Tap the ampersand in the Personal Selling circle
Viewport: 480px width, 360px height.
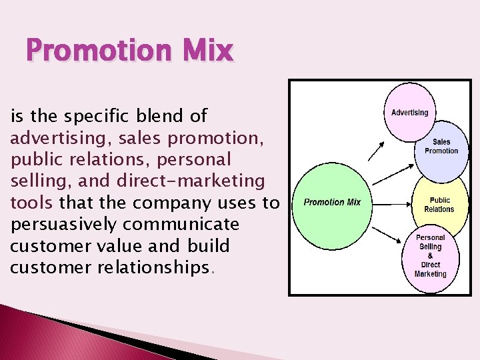[x=431, y=256]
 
